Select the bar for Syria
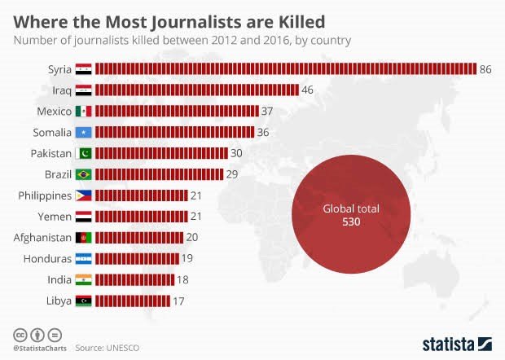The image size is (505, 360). tap(285, 69)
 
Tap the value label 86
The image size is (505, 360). tap(485, 69)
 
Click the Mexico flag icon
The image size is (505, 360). tap(84, 111)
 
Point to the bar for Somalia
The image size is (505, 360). tap(175, 132)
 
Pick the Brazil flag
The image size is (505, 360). tap(84, 174)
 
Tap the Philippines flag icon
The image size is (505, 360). tap(84, 195)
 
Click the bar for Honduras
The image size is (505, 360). tap(136, 259)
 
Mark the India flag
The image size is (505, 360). tap(84, 280)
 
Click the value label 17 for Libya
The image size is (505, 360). tap(179, 301)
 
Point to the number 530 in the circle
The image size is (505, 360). tap(350, 222)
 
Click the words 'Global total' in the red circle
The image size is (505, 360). tap(350, 209)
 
